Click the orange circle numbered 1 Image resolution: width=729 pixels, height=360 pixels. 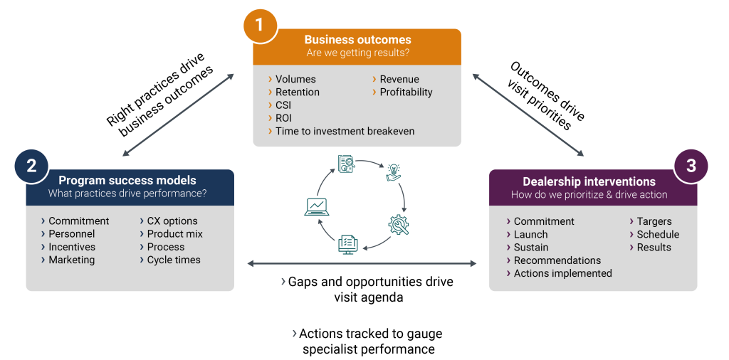point(259,26)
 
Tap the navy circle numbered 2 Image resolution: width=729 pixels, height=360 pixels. point(31,166)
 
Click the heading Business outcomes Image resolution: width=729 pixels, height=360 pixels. point(357,40)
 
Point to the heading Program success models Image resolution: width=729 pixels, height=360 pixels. point(127,181)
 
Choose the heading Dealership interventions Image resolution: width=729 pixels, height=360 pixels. point(589,181)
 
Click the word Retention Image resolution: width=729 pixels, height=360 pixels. point(298,92)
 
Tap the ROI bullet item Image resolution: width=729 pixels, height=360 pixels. point(283,118)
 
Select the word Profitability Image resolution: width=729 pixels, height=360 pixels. point(406,92)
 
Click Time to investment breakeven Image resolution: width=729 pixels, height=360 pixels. point(345,131)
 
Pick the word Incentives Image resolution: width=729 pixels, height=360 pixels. point(72,247)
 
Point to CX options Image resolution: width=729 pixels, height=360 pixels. point(172,221)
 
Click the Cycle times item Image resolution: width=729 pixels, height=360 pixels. point(174,260)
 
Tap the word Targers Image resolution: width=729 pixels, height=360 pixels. point(654,221)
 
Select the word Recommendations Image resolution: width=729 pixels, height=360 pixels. point(557,260)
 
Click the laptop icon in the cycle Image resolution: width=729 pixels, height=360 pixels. point(316,206)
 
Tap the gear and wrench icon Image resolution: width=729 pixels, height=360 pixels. point(399,224)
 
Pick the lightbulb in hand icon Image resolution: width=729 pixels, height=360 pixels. point(393,171)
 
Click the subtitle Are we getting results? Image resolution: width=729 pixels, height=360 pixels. point(357,53)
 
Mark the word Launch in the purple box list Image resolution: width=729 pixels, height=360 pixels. point(531,234)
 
